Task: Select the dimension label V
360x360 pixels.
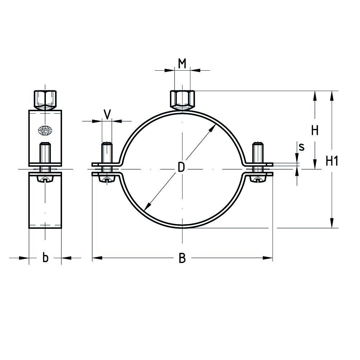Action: click(x=107, y=114)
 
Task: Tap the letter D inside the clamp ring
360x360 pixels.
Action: click(x=182, y=167)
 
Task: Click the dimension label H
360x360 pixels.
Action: click(x=314, y=131)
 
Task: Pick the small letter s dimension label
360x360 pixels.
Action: click(x=302, y=147)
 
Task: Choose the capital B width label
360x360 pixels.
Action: click(x=182, y=258)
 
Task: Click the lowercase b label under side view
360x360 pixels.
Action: click(x=45, y=257)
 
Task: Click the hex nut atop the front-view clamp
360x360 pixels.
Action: click(x=182, y=99)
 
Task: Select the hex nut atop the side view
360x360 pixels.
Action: click(x=45, y=100)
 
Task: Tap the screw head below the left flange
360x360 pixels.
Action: click(x=107, y=180)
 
